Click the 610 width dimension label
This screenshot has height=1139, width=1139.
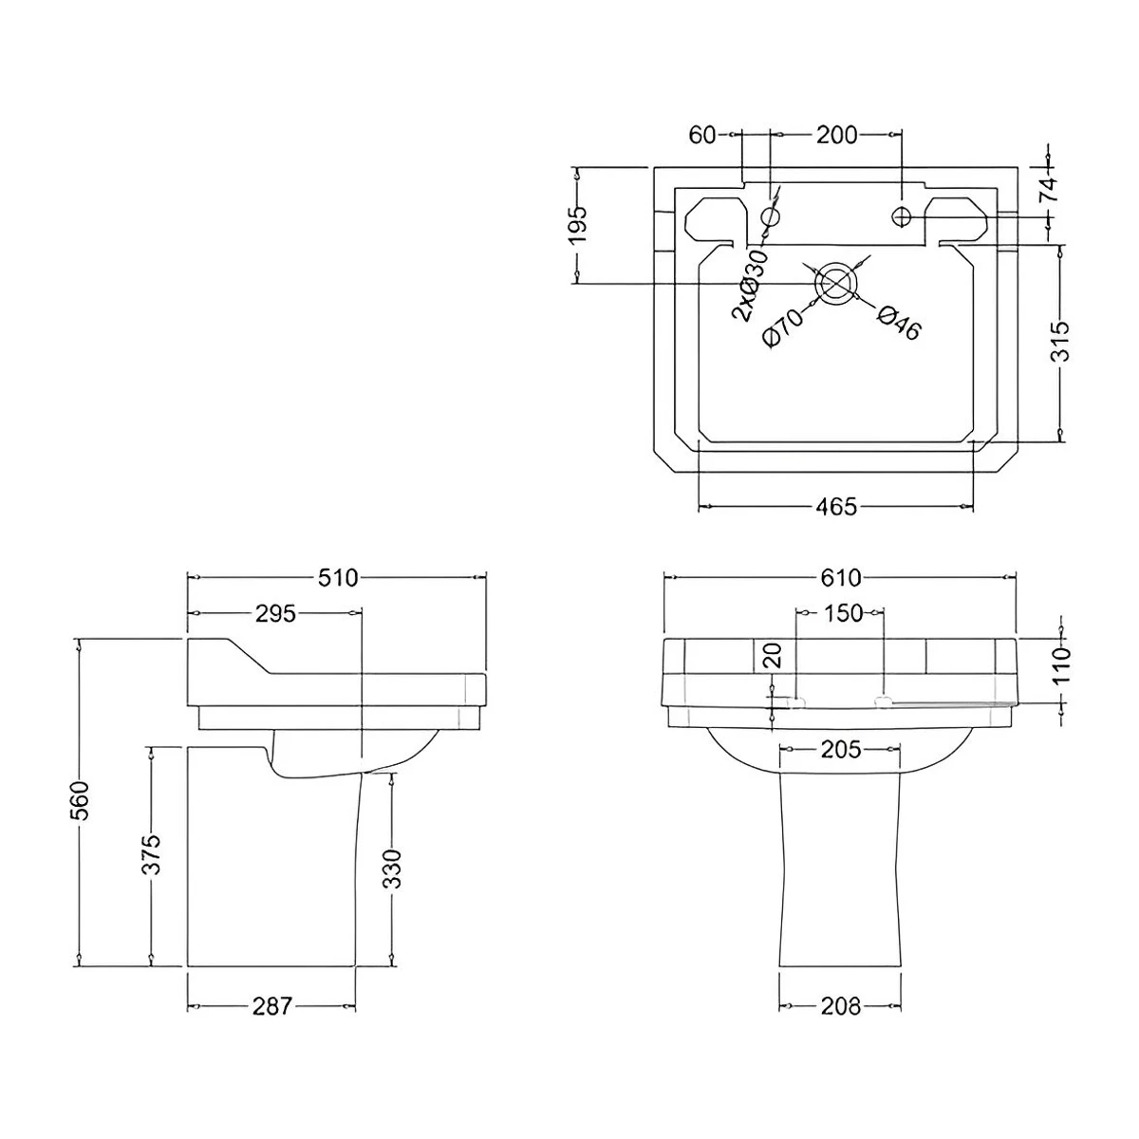[838, 577]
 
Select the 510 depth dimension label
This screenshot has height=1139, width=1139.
[338, 577]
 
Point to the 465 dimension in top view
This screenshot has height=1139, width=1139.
[836, 506]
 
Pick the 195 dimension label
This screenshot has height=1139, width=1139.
[578, 225]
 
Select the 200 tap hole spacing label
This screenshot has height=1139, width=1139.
[836, 135]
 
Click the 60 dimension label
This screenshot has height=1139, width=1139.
[702, 135]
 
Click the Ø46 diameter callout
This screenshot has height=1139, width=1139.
[897, 323]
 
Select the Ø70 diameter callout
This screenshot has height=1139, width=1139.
[783, 328]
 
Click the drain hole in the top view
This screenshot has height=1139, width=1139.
[835, 282]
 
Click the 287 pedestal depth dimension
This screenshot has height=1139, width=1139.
[271, 1005]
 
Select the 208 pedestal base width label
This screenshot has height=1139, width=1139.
[839, 1005]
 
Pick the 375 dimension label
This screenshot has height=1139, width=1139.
[152, 853]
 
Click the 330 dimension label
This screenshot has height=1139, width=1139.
[392, 868]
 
